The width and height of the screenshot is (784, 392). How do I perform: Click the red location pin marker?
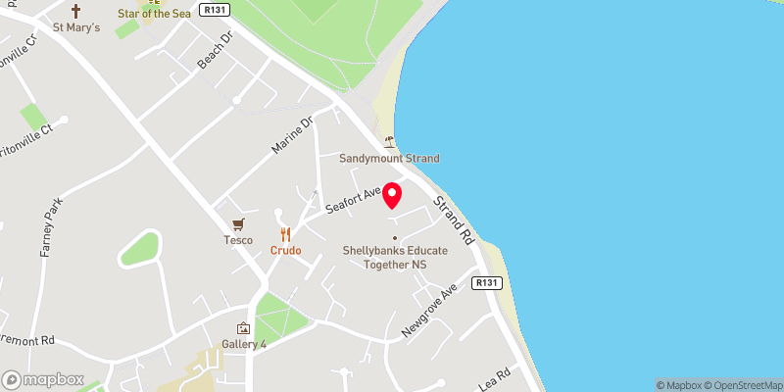click(x=391, y=195)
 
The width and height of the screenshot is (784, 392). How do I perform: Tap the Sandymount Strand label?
click(x=389, y=159)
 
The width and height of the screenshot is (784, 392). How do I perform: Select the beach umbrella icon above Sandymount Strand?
click(x=390, y=141)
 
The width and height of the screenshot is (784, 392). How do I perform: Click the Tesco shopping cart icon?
click(x=237, y=224)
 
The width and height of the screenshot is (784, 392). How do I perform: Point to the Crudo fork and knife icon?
click(x=286, y=234)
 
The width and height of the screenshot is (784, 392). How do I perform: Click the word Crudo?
click(x=286, y=251)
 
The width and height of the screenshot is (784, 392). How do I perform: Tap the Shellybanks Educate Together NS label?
click(x=395, y=258)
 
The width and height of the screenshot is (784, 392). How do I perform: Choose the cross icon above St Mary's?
click(x=76, y=11)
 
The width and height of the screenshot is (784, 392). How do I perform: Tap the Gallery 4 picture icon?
click(x=243, y=328)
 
